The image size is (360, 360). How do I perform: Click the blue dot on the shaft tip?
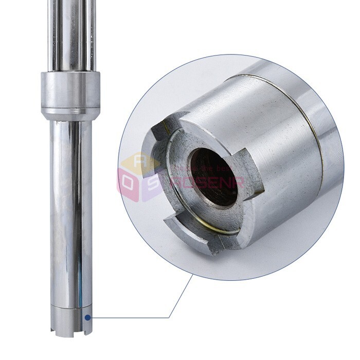[88, 317]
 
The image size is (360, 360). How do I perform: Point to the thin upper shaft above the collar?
[71, 36]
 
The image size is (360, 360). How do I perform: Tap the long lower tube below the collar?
[71, 206]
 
